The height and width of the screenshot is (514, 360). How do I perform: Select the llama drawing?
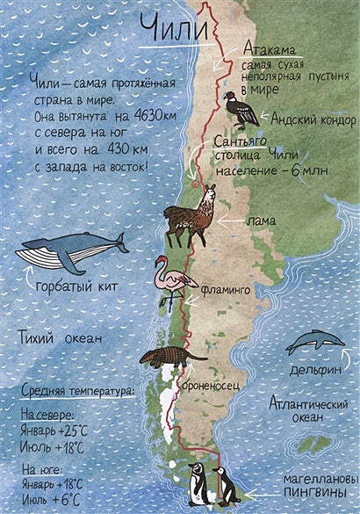click(x=191, y=214)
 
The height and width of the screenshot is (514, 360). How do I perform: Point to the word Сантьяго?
click(x=243, y=141)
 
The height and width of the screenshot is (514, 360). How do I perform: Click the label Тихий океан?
click(x=61, y=337)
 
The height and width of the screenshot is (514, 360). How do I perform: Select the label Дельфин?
click(x=315, y=371)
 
